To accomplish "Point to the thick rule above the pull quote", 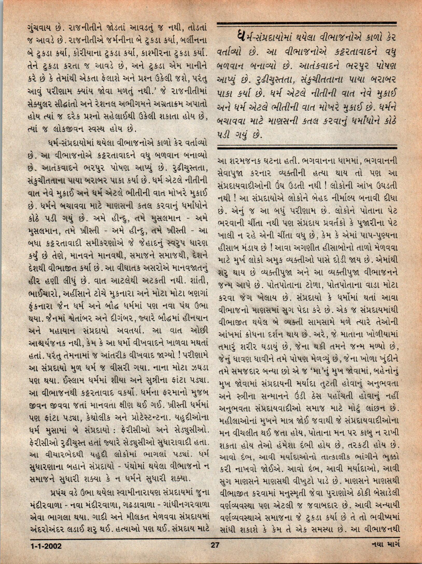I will [307, 25].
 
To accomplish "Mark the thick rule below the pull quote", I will [307, 148].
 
